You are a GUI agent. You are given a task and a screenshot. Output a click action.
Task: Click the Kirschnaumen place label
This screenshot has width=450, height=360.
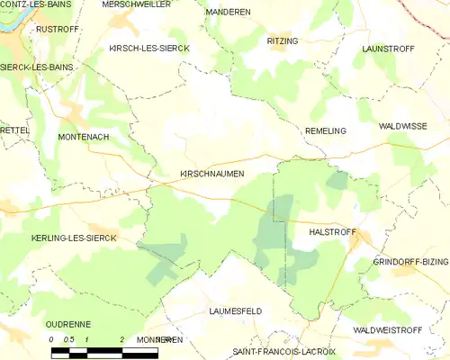pyautogui.click(x=206, y=174)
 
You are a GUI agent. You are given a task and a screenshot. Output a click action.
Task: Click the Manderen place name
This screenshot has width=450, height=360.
pyautogui.click(x=229, y=12)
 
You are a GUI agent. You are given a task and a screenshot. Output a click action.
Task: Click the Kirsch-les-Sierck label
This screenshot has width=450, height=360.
pyautogui.click(x=148, y=48)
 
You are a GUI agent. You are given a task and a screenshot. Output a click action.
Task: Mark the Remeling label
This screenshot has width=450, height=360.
pyautogui.click(x=325, y=130)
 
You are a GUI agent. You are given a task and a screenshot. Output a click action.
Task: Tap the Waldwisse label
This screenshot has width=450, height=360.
pyautogui.click(x=402, y=127)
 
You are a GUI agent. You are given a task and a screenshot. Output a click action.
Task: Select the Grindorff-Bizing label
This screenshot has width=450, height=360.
pyautogui.click(x=410, y=262)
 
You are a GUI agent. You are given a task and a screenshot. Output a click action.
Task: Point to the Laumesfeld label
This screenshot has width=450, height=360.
pyautogui.click(x=235, y=310)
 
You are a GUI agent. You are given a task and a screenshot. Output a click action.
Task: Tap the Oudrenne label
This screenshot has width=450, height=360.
pyautogui.click(x=69, y=325)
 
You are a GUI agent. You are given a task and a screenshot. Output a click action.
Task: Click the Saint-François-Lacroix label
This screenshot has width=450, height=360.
pyautogui.click(x=283, y=351)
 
